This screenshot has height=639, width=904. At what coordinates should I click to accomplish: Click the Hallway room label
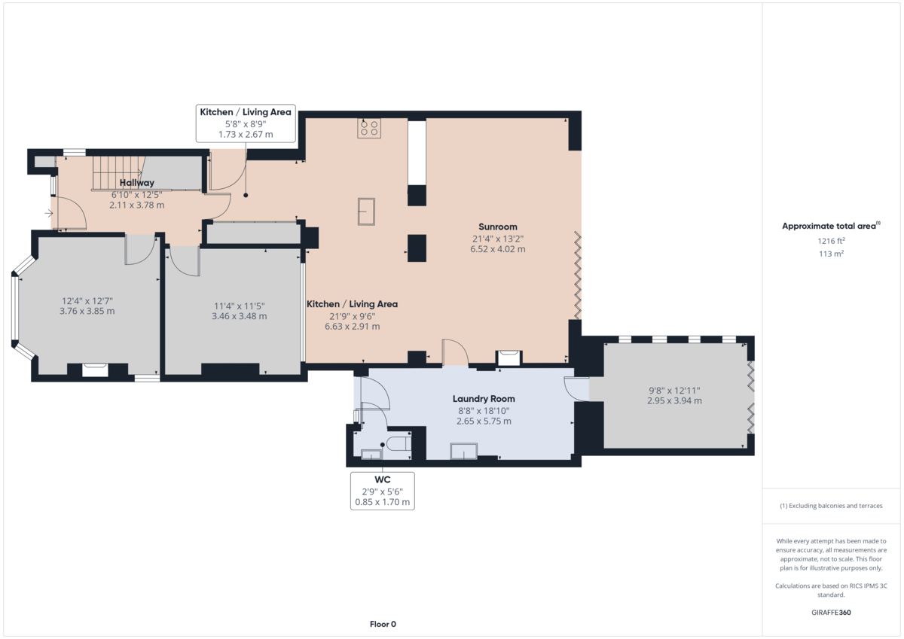(136, 183)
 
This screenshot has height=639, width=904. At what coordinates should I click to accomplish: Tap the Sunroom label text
(497, 227)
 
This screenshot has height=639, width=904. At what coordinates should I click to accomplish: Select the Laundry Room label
(484, 399)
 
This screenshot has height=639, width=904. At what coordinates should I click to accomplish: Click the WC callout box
(382, 491)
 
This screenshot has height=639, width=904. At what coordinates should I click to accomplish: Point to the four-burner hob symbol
(370, 129)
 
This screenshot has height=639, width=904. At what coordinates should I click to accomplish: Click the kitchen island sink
(367, 211)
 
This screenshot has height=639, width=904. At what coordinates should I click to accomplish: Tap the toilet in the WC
(397, 445)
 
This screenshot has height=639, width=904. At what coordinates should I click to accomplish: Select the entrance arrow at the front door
(49, 214)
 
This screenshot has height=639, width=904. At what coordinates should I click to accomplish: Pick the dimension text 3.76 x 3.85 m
(87, 311)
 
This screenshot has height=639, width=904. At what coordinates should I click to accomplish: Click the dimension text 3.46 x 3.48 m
(240, 316)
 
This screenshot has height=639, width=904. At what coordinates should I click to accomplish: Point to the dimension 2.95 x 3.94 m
(674, 401)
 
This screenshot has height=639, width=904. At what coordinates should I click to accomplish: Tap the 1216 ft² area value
(832, 241)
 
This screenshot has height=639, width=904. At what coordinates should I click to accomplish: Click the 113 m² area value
(832, 254)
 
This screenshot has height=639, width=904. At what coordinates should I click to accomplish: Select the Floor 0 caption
(383, 624)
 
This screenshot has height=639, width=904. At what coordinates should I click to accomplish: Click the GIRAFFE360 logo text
(832, 613)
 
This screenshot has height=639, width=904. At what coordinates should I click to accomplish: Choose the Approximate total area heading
(831, 226)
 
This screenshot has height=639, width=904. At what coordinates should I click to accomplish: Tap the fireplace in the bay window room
(95, 369)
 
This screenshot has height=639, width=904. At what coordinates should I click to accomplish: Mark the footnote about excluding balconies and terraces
(831, 506)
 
